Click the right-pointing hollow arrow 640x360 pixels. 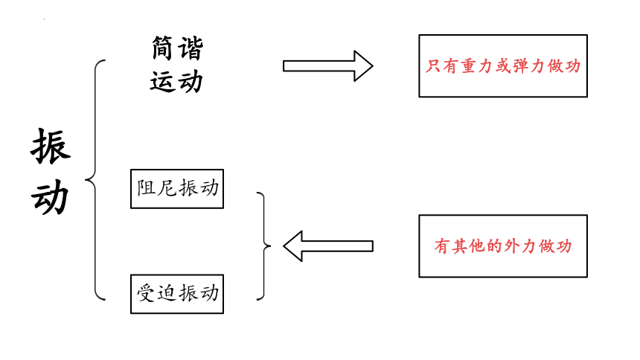(327, 66)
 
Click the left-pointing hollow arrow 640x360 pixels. (327, 246)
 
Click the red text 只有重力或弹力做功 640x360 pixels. (503, 65)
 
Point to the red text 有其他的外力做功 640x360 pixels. (503, 246)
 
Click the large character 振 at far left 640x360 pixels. (51, 146)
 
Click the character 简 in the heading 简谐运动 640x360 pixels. (162, 48)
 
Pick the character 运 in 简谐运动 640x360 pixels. (162, 81)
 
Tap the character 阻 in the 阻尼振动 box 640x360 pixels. (146, 188)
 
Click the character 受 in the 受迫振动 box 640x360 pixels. (146, 293)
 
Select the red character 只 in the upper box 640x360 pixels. (433, 65)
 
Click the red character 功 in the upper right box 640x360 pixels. (573, 65)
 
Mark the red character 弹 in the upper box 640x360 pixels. (521, 65)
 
